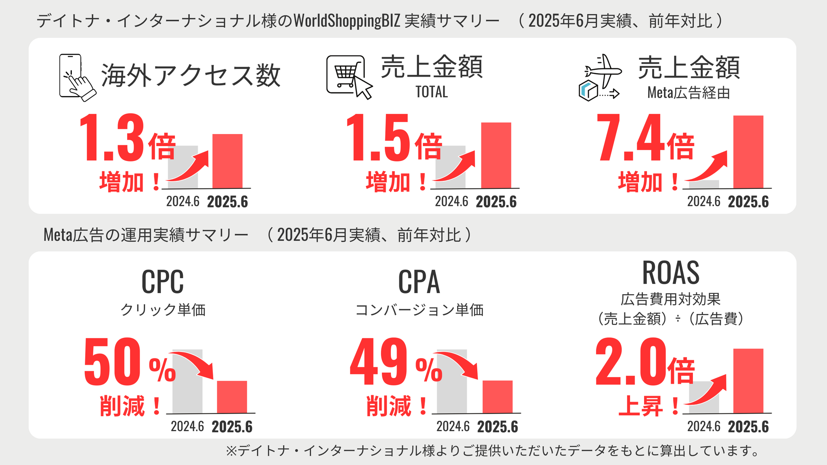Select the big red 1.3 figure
point(112,138)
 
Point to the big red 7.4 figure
point(630,138)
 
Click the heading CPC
point(162,282)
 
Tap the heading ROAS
point(670,273)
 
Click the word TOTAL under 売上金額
point(431,92)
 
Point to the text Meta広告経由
point(688,93)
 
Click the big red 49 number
point(379,362)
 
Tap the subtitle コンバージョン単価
point(419,310)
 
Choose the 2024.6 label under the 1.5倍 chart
point(451,201)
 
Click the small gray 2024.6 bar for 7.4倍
point(703,184)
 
